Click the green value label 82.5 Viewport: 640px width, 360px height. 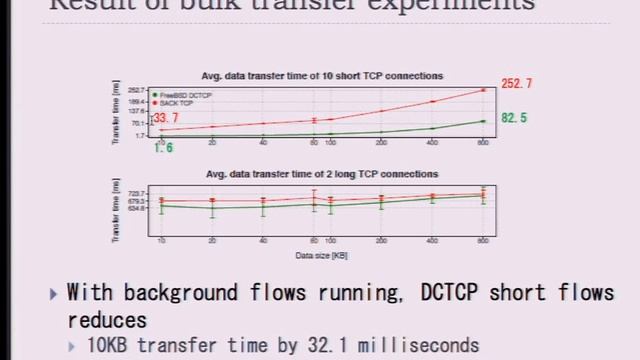click(x=514, y=118)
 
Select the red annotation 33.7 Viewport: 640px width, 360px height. click(x=166, y=119)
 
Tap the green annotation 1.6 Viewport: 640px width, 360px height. click(x=164, y=148)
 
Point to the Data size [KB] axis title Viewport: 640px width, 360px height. click(x=322, y=256)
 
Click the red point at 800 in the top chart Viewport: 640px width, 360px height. click(x=484, y=90)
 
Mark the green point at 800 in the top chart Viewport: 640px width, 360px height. click(x=484, y=121)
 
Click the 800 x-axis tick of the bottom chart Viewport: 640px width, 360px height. click(x=484, y=242)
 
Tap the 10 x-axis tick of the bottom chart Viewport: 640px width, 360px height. click(x=161, y=242)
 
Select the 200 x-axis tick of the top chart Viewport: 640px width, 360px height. click(x=382, y=143)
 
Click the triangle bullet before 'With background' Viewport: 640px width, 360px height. click(x=53, y=293)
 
